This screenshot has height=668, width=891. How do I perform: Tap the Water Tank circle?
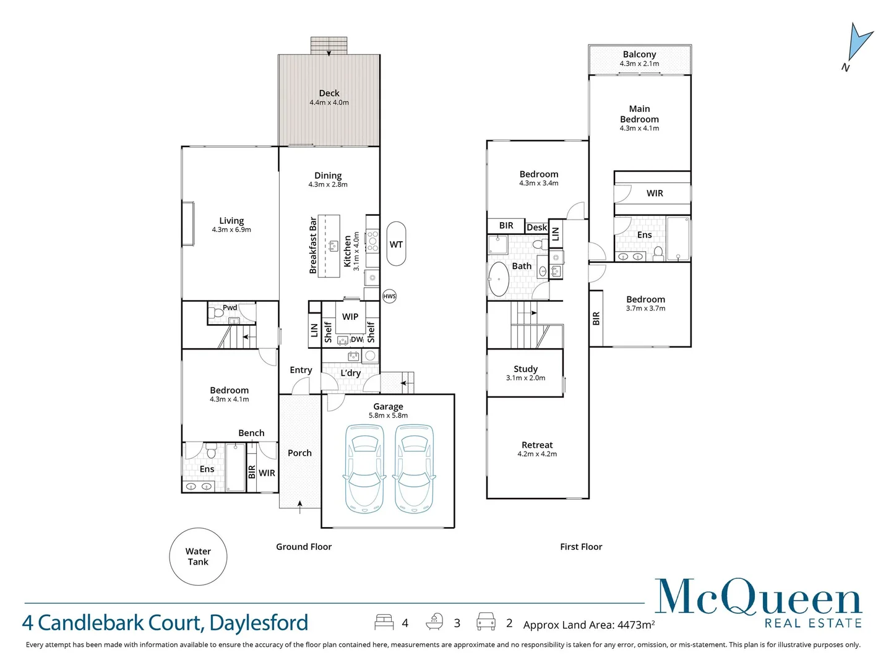tap(198, 557)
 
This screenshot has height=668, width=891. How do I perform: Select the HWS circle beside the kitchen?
tap(389, 296)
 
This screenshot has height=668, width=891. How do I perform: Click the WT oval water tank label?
tap(396, 244)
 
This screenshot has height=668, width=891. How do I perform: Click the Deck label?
tap(329, 93)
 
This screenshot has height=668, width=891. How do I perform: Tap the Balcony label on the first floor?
tap(639, 54)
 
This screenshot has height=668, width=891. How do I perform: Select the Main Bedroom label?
tap(639, 114)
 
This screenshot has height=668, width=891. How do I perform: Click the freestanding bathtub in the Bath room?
tap(499, 280)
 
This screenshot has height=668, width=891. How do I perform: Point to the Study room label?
tap(525, 369)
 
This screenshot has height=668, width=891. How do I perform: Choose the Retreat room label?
tap(537, 445)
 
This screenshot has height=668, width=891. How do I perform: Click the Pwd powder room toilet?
tap(217, 314)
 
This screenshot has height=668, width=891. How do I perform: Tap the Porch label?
tap(299, 453)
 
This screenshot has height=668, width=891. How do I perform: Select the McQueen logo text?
tap(758, 599)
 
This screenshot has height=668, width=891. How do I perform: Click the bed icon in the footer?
tap(384, 622)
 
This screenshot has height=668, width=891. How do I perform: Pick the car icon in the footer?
tap(486, 622)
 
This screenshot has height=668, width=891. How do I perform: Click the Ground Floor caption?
tap(304, 547)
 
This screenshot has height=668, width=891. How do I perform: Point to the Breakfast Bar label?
tap(313, 246)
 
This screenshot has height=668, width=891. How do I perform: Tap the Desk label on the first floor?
tap(536, 227)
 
